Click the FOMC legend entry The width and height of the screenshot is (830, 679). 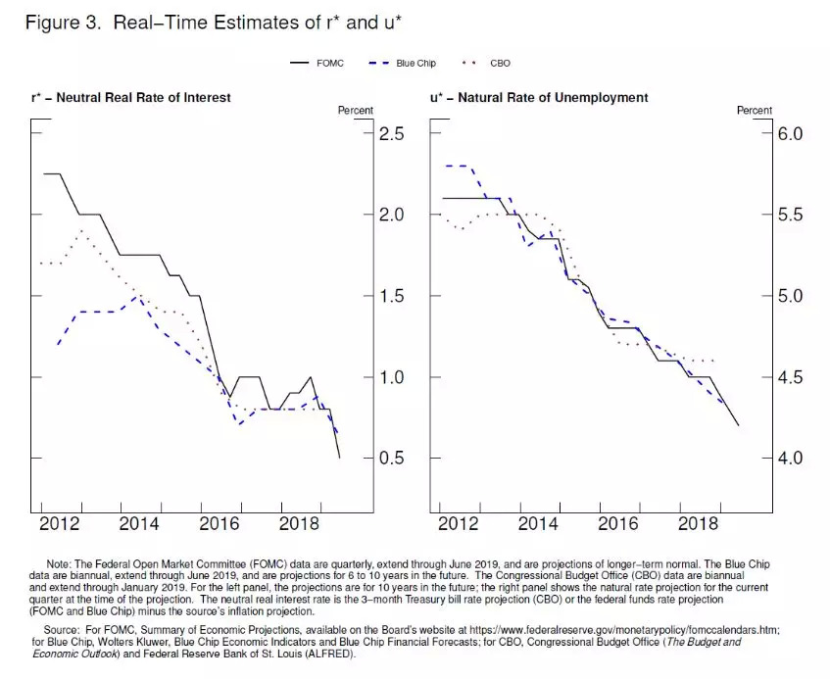coord(315,64)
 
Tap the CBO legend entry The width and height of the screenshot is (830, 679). coord(485,64)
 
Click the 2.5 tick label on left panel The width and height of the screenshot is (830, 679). coord(392,133)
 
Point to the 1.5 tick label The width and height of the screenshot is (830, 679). coord(392,296)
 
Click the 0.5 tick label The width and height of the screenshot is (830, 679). coord(392,459)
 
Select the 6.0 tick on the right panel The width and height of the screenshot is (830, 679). coord(791,133)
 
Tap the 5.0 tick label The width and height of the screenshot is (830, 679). coord(791,296)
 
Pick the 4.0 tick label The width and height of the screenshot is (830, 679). coord(791,459)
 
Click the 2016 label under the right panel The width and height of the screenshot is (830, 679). coord(617,524)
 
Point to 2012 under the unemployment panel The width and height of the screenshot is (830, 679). coord(458,524)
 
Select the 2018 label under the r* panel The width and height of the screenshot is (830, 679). coord(298,524)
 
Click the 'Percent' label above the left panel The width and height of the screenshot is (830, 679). coord(356,111)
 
